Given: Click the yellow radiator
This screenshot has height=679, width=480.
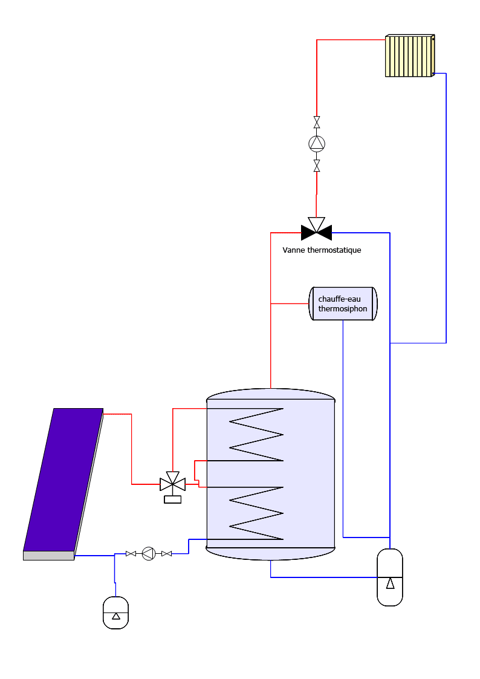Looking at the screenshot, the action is pyautogui.click(x=410, y=56).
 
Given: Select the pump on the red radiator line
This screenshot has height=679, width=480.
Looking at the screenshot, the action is pyautogui.click(x=317, y=143).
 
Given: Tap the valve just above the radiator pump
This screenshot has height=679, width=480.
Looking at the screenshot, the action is pyautogui.click(x=317, y=122).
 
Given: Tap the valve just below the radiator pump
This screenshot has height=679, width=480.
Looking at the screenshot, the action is pyautogui.click(x=317, y=166).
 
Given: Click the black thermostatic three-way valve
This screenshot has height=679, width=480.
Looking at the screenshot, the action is pyautogui.click(x=316, y=230).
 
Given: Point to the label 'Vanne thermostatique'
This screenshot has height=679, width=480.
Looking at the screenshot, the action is pyautogui.click(x=322, y=250).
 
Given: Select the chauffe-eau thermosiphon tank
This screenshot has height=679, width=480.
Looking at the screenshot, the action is pyautogui.click(x=343, y=304).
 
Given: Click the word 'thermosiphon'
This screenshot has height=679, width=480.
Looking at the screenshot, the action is pyautogui.click(x=342, y=309).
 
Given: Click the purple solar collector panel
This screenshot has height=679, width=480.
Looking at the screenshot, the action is pyautogui.click(x=63, y=480).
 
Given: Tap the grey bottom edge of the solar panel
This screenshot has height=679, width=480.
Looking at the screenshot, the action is pyautogui.click(x=49, y=556).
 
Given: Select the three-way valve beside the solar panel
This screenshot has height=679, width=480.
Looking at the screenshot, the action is pyautogui.click(x=173, y=482).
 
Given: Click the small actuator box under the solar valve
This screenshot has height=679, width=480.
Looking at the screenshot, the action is pyautogui.click(x=173, y=499).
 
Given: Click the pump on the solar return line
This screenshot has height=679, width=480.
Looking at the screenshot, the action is pyautogui.click(x=149, y=553).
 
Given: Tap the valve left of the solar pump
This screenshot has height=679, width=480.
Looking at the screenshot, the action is pyautogui.click(x=131, y=553).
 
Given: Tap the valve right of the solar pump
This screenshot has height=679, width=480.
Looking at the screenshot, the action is pyautogui.click(x=167, y=553).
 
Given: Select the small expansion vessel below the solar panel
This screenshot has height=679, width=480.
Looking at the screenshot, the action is pyautogui.click(x=115, y=612).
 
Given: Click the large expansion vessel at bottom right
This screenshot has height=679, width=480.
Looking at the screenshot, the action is pyautogui.click(x=390, y=577).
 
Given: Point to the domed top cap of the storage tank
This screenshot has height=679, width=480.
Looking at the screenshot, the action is pyautogui.click(x=270, y=394).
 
